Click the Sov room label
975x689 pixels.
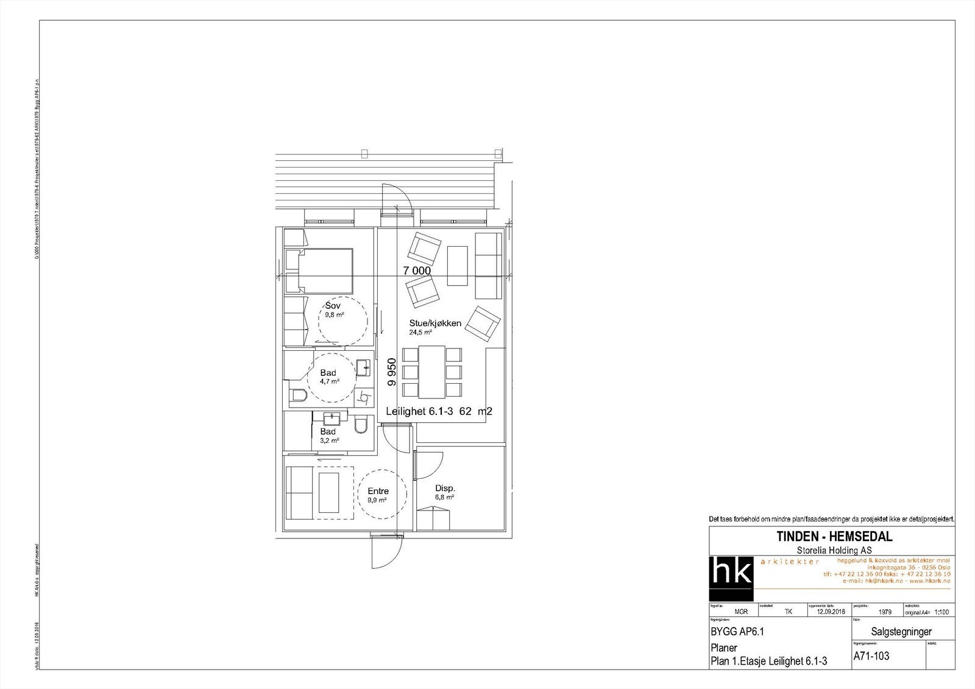click(333, 305)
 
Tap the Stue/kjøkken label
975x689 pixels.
click(435, 323)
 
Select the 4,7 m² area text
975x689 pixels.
click(329, 381)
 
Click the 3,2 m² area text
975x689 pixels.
click(330, 440)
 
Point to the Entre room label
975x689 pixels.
click(378, 491)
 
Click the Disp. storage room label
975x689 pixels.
click(445, 489)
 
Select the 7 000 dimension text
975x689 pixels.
click(416, 270)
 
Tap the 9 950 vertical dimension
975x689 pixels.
click(392, 372)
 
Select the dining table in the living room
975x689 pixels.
click(433, 372)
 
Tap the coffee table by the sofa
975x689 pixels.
click(457, 266)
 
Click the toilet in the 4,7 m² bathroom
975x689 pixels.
click(298, 396)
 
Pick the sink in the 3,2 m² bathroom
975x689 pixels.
click(332, 419)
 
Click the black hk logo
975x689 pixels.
click(731, 578)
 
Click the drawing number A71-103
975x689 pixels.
click(871, 656)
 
